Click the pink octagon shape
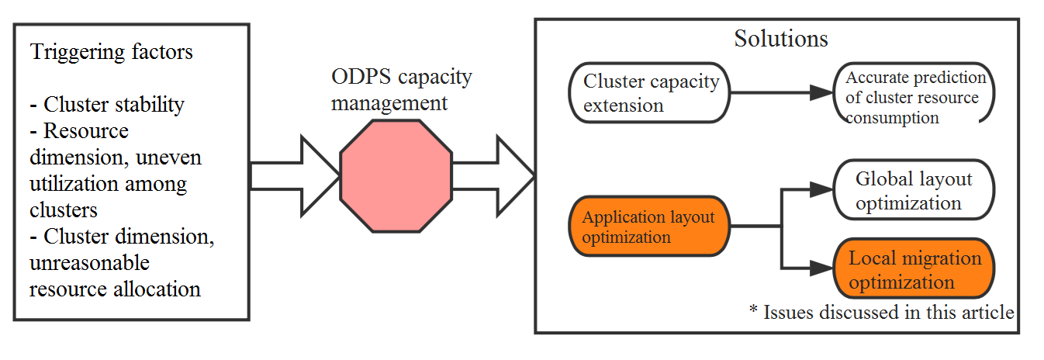[x=396, y=176]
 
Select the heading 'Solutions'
[x=780, y=39]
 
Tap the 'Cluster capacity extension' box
[x=651, y=93]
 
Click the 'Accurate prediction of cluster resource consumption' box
[x=914, y=98]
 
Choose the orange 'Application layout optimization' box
[x=649, y=227]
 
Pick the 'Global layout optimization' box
[x=914, y=191]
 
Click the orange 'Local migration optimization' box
[x=914, y=269]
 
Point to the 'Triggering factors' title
[x=111, y=53]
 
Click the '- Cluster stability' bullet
[x=107, y=104]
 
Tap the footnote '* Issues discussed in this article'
[x=881, y=313]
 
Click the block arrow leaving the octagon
[x=496, y=176]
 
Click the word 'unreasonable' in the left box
[x=89, y=263]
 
